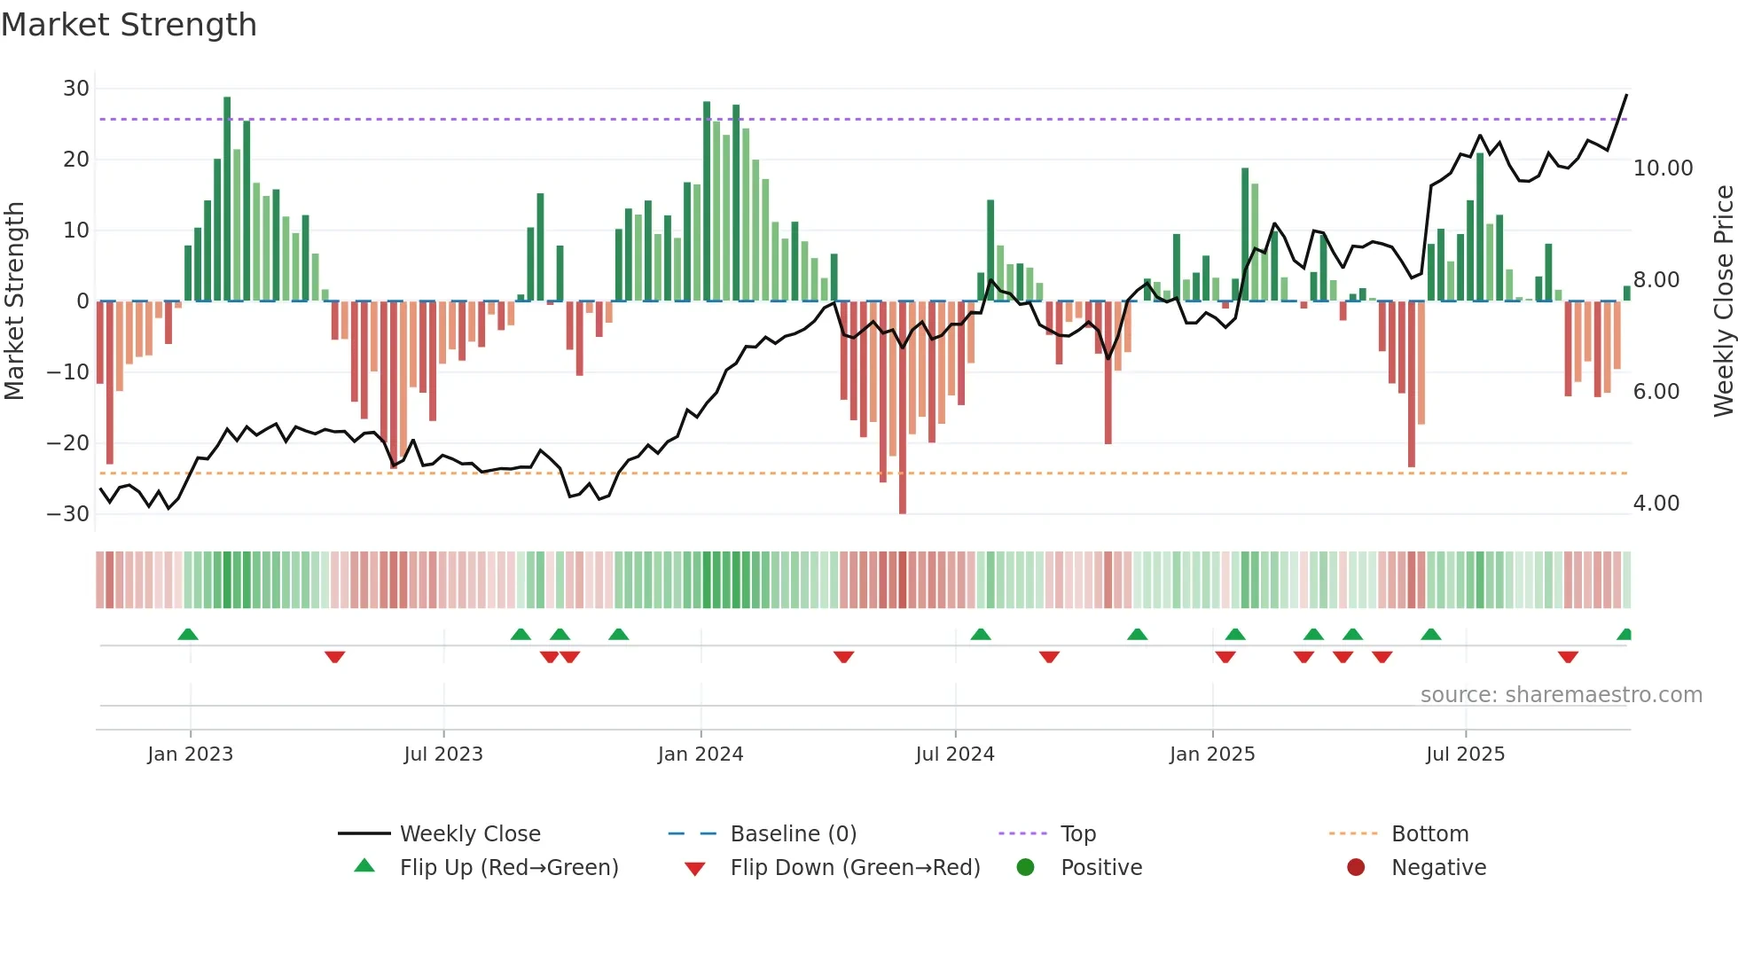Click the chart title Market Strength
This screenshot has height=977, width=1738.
tap(129, 25)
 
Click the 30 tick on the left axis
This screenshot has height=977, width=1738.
tap(76, 89)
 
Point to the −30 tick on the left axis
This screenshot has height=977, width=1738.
tap(68, 514)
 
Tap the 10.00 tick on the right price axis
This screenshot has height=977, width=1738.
tap(1663, 168)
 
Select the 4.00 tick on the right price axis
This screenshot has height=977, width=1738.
tap(1656, 504)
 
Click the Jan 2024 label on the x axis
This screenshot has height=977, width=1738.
tap(700, 754)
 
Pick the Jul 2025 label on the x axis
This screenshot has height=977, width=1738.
tap(1465, 754)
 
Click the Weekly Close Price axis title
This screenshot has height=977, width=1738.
tap(1723, 301)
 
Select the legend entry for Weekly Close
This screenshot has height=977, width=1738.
tap(469, 834)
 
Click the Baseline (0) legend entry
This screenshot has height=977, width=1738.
tap(793, 834)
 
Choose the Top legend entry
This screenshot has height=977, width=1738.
tap(1077, 834)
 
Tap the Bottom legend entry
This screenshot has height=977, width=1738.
tap(1429, 834)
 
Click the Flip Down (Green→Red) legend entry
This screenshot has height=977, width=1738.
tap(854, 868)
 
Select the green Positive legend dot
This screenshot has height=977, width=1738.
tap(1026, 868)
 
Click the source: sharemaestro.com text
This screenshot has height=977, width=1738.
tap(1561, 695)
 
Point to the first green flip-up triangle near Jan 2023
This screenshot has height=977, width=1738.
tap(188, 635)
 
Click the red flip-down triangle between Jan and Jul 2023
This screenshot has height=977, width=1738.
tap(334, 657)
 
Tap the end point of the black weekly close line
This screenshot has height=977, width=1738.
tap(1626, 95)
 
